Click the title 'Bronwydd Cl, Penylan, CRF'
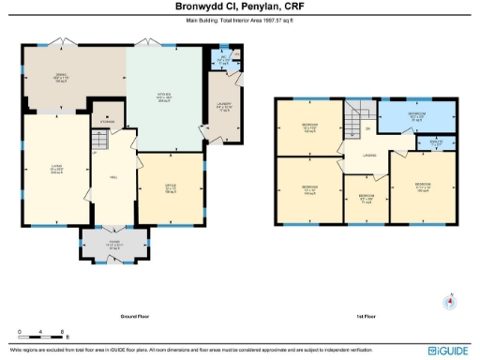[x=239, y=7]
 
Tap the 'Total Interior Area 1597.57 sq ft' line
[x=239, y=19]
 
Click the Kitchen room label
[x=161, y=97]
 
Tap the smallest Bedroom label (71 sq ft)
[x=365, y=198]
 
